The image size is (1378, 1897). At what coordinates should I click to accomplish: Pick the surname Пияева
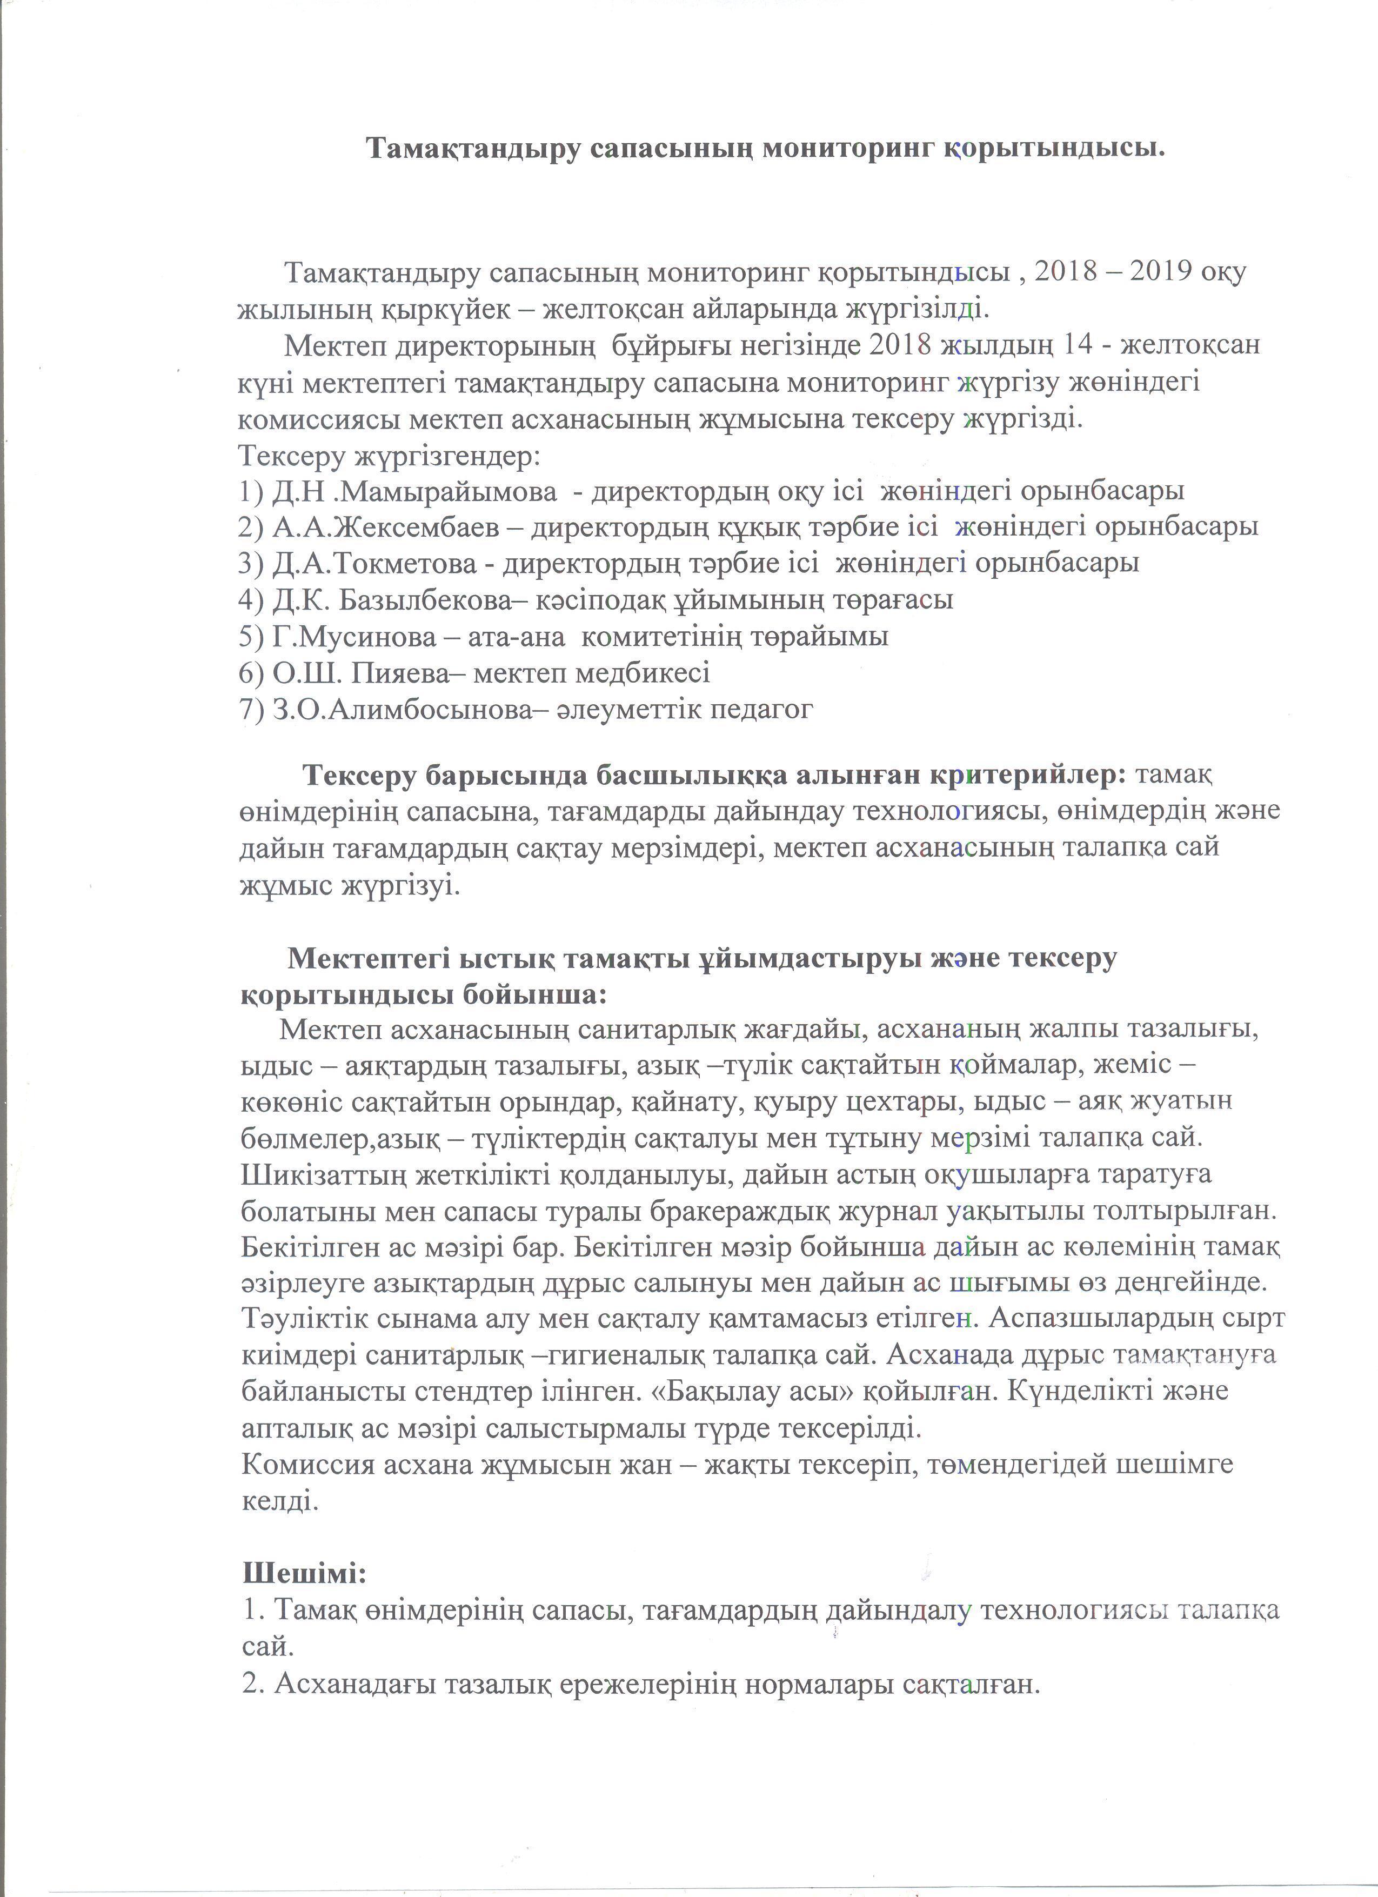click(x=391, y=673)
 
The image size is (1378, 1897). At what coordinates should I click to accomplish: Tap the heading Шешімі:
click(x=304, y=1573)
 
